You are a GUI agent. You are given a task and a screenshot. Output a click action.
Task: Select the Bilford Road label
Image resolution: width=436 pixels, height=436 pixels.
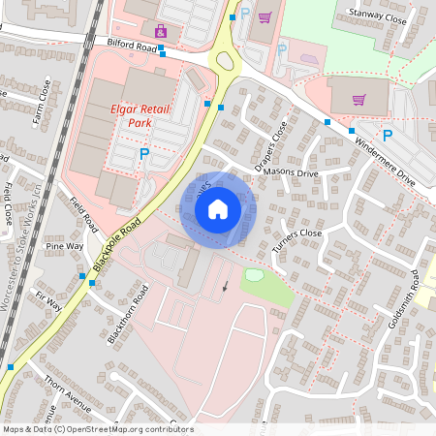coord(133,45)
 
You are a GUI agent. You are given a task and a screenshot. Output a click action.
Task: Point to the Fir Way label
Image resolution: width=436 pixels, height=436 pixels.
coord(47,300)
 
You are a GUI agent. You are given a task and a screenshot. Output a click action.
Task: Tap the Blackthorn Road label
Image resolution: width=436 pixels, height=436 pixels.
coord(133,314)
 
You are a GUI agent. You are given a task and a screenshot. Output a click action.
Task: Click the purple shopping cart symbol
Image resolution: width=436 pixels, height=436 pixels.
coord(359,99)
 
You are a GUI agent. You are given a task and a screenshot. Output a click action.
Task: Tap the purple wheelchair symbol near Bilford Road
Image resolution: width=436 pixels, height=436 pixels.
coord(161,31)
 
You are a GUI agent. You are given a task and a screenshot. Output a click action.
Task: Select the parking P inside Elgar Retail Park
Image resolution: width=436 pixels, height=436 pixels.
coord(144,153)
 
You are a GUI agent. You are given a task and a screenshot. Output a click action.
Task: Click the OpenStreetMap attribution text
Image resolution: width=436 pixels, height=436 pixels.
coord(98,429)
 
